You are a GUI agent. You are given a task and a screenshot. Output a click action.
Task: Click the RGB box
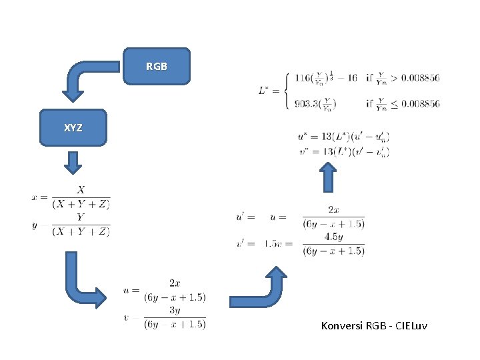pos(157,66)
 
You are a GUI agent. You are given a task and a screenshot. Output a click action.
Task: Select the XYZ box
pos(73,127)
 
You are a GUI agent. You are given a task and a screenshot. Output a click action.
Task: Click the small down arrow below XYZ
pos(73,162)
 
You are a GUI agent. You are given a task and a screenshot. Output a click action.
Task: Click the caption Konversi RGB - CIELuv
pos(374,326)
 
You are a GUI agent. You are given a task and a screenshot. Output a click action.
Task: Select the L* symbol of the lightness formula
pos(265,90)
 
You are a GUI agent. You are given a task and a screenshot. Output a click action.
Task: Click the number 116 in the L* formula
pos(302,78)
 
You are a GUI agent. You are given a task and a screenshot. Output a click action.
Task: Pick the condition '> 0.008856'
pos(413,78)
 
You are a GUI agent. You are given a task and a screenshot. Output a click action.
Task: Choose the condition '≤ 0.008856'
pos(413,103)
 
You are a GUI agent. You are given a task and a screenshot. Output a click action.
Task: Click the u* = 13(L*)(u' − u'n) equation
pos(343,137)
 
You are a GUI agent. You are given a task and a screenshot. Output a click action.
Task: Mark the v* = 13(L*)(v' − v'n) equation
pos(343,151)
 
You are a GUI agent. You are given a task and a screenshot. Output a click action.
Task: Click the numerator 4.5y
pos(333,237)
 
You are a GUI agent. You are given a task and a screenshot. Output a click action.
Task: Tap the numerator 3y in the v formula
pos(175,310)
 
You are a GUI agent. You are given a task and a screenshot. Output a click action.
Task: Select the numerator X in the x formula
pos(81,191)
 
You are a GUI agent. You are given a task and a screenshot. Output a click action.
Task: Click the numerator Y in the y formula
pos(81,217)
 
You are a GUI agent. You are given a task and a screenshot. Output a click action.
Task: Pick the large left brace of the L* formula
pos(286,90)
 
